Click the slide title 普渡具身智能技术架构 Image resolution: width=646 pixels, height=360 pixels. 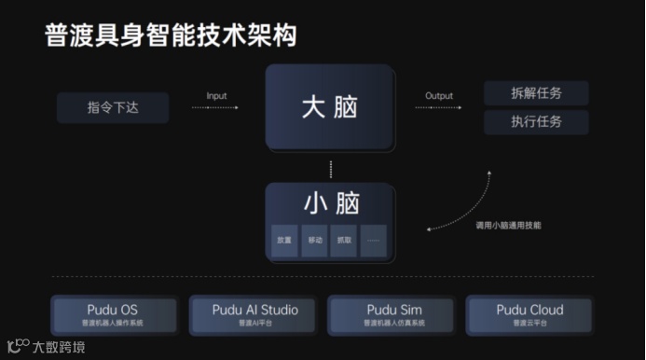click(171, 35)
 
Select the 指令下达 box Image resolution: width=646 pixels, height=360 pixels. click(113, 107)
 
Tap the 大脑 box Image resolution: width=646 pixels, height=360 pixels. click(329, 107)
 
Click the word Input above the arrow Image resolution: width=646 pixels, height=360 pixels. click(216, 95)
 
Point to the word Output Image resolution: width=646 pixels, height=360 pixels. click(439, 95)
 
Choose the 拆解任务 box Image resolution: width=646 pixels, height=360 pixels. click(536, 93)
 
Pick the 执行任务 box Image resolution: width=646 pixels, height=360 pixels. click(536, 122)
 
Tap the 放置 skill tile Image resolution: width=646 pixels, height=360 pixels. click(284, 241)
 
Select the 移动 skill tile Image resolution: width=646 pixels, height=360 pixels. click(314, 241)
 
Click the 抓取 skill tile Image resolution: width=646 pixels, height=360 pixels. click(344, 241)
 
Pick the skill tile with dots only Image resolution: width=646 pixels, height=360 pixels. click(374, 241)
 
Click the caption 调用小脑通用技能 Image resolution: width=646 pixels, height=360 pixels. click(508, 225)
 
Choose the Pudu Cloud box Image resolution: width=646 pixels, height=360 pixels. click(529, 314)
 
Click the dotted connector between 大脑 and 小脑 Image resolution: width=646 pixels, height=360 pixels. click(330, 170)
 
